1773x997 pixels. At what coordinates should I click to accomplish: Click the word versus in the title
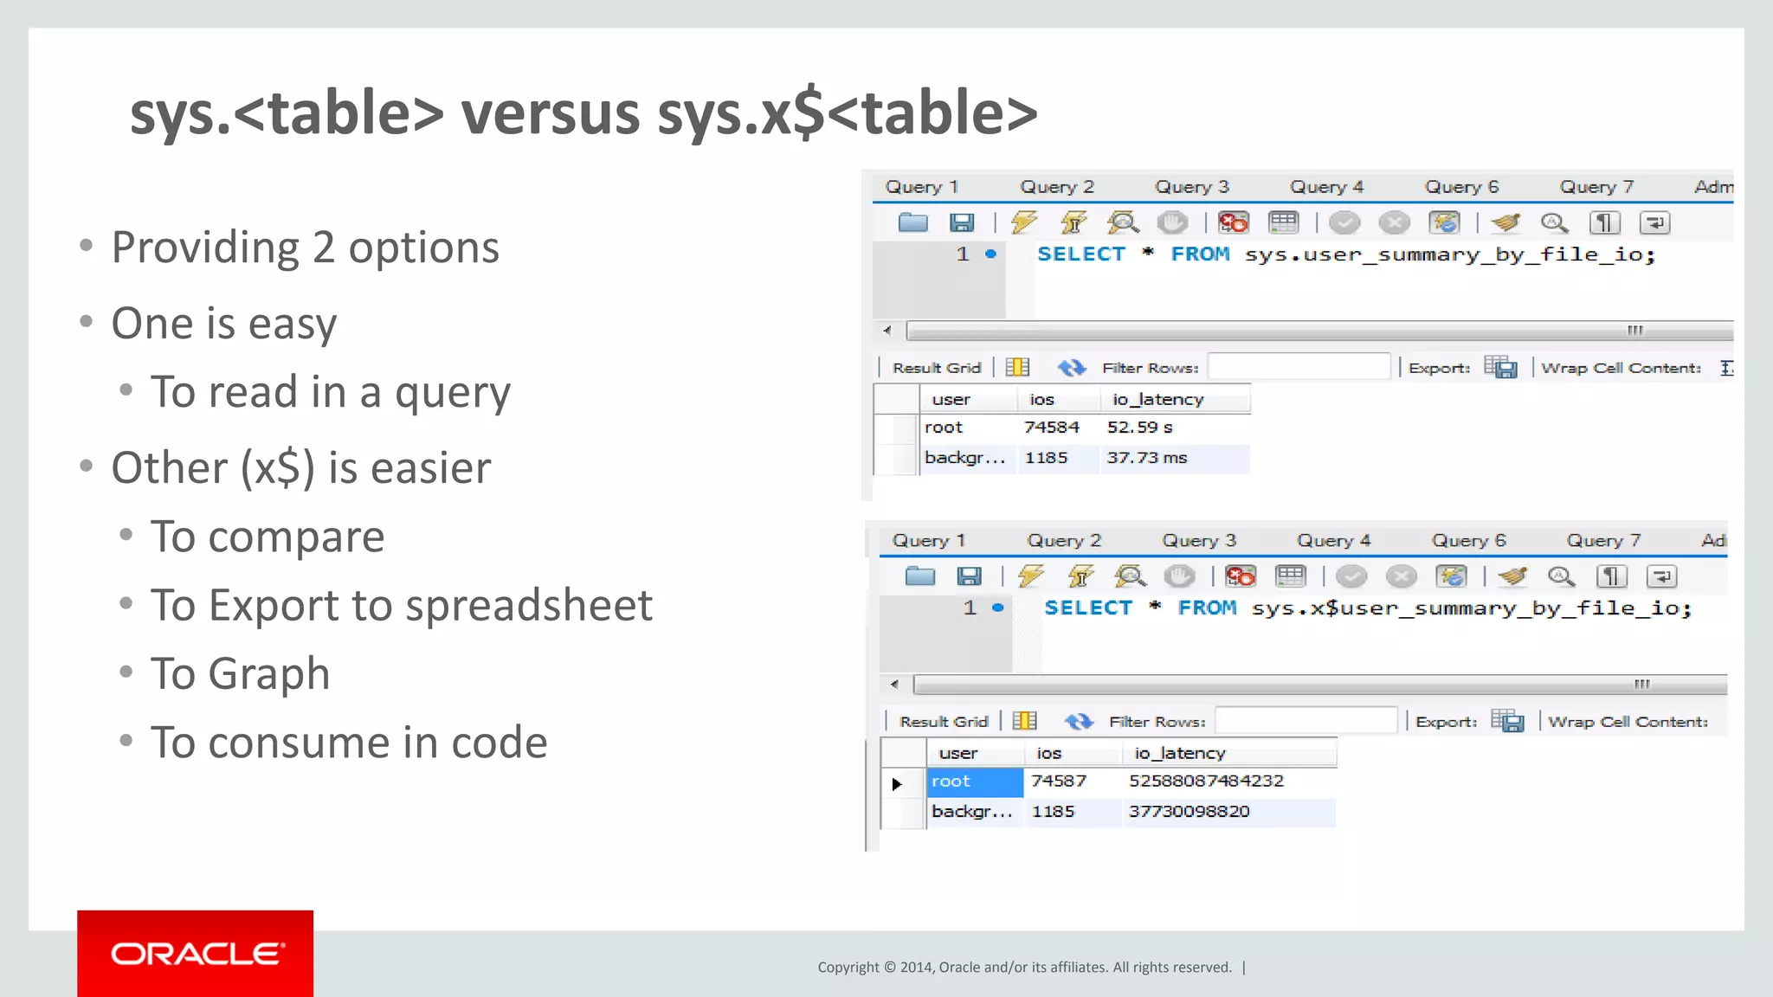coord(550,113)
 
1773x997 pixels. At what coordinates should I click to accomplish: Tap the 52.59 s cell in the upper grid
coord(1139,428)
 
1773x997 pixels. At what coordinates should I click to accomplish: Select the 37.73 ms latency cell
coord(1146,458)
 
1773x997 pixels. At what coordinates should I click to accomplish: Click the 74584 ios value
coord(1051,428)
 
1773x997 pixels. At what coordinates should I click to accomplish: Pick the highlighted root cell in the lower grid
coord(974,782)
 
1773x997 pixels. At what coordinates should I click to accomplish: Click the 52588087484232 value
coord(1206,782)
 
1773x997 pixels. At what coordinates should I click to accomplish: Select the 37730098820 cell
coord(1189,812)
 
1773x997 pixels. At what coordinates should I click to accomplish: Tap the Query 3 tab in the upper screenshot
coord(1191,187)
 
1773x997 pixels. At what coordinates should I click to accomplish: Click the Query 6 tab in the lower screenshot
coord(1468,541)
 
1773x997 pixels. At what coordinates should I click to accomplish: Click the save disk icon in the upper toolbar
coord(962,223)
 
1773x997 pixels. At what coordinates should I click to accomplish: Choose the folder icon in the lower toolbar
coord(919,576)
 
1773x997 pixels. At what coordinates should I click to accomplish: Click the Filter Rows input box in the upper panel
coord(1299,368)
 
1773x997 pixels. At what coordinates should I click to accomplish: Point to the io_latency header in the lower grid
coord(1179,754)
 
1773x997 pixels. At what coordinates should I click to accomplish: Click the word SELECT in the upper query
coord(1081,254)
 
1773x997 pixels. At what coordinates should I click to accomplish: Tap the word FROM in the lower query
coord(1207,608)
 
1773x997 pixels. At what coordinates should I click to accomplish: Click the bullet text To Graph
coord(240,674)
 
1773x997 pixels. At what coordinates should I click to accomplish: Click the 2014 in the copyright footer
coord(917,968)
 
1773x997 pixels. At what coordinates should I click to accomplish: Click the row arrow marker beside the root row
coord(897,784)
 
